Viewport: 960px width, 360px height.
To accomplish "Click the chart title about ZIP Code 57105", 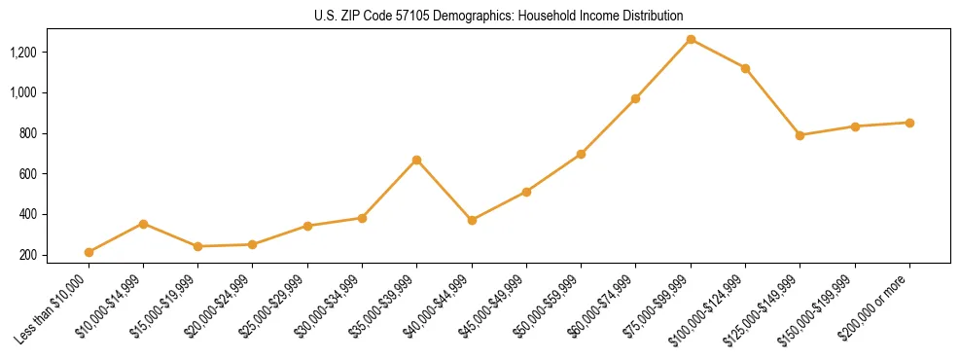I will (x=498, y=16).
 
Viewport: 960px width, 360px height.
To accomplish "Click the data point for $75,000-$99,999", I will (x=691, y=40).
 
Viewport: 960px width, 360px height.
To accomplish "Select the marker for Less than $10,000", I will (x=89, y=252).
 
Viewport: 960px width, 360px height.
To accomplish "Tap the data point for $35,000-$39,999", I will (x=417, y=160).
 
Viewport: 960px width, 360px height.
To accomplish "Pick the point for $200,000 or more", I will (x=909, y=123).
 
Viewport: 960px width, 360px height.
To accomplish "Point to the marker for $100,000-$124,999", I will (x=745, y=68).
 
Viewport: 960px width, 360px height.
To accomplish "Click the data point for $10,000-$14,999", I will (x=144, y=224).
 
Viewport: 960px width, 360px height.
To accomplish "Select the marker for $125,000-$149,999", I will (x=800, y=135).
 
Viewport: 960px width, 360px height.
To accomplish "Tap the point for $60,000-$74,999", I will (x=635, y=98).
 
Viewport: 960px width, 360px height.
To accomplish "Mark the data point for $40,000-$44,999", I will (x=472, y=220).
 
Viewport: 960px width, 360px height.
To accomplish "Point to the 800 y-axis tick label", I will (x=55, y=133).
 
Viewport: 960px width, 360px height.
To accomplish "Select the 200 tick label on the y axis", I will (x=55, y=255).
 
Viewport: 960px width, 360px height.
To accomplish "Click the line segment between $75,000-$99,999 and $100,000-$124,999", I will (x=718, y=54).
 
